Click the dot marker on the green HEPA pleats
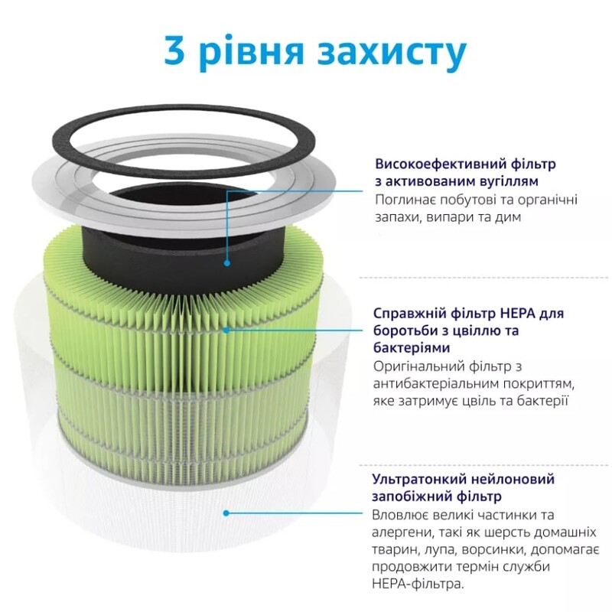(227, 330)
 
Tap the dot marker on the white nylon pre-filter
(227, 513)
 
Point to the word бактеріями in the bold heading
(410, 348)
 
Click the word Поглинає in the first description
(404, 200)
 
